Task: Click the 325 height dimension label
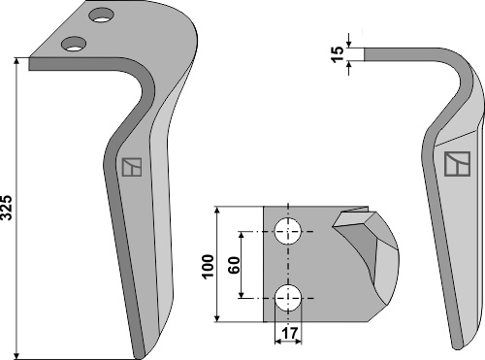point(7,208)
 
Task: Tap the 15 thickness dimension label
point(338,54)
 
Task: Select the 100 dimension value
point(208,266)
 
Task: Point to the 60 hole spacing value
point(234,265)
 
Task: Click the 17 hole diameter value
point(289,333)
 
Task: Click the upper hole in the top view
point(288,231)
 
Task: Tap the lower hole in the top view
point(288,298)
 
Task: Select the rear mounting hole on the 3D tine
point(102,16)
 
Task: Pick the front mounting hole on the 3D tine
point(74,44)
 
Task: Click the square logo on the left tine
point(132,167)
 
